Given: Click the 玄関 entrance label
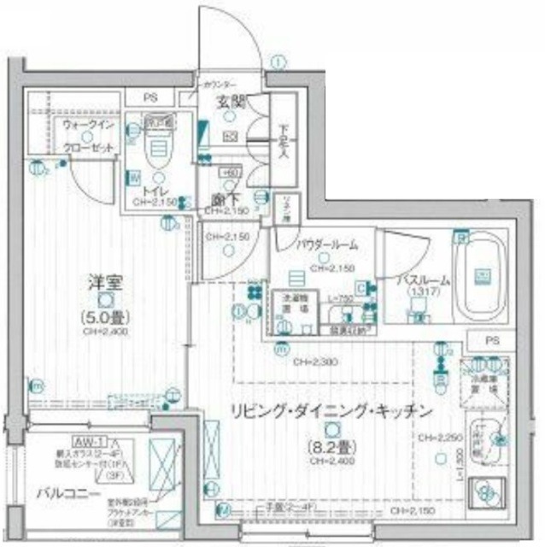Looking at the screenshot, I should (231, 102).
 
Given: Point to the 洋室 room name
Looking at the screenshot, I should (102, 281).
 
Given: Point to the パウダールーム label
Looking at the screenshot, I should (326, 245).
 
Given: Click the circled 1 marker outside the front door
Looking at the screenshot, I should (279, 61).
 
